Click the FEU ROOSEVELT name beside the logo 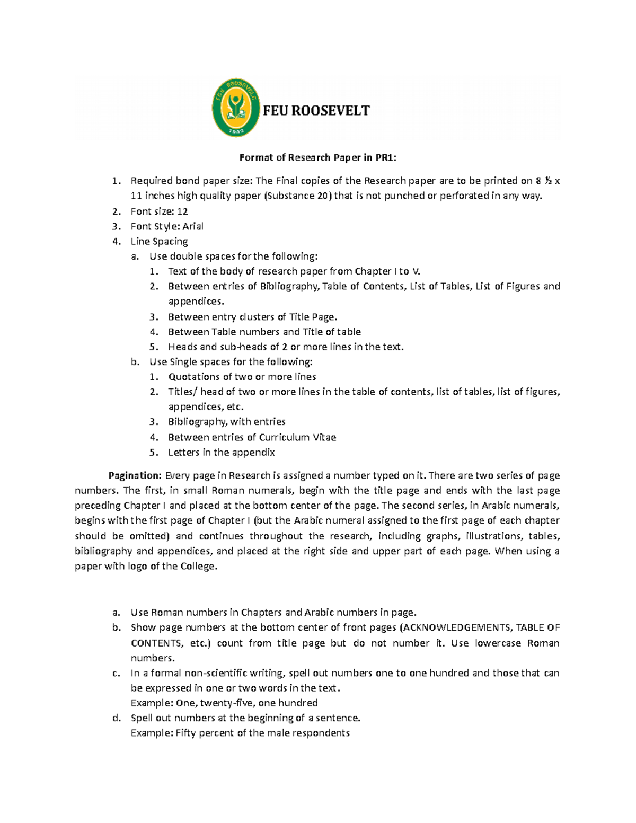[x=316, y=111]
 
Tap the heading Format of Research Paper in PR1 [x=317, y=157]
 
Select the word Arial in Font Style [x=193, y=226]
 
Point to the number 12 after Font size [x=182, y=211]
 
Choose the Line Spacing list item [x=160, y=242]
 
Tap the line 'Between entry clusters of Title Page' [x=252, y=317]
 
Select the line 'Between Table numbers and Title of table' [x=264, y=332]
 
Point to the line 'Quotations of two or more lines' [x=242, y=377]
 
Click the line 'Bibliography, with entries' [x=227, y=422]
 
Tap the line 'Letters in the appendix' [x=222, y=453]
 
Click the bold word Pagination [x=135, y=475]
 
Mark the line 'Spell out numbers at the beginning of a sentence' [x=245, y=718]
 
